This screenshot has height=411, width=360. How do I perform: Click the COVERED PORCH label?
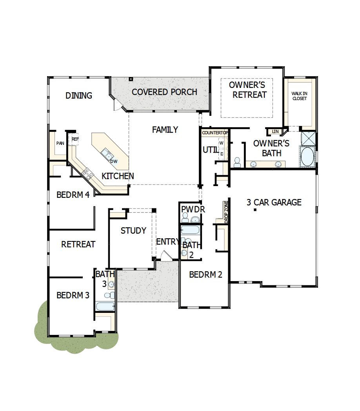tap(164, 92)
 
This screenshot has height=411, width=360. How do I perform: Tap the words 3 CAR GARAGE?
tap(274, 203)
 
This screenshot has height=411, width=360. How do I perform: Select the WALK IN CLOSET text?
tap(299, 96)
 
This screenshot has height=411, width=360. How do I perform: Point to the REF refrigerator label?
tap(75, 139)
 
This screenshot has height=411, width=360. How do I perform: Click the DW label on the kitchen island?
tap(114, 161)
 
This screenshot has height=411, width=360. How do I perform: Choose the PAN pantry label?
tap(60, 143)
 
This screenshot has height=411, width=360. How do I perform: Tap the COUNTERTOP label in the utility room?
tap(215, 133)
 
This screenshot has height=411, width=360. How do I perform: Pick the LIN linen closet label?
tap(275, 132)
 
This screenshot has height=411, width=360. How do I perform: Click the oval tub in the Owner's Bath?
tap(307, 157)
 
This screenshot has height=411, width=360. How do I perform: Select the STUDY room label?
tap(133, 231)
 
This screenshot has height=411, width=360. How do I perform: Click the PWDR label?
tap(193, 210)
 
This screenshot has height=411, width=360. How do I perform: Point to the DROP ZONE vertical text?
tap(226, 212)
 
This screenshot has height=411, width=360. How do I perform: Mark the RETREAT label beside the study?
tap(78, 244)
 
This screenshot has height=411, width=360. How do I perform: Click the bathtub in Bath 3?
tap(105, 306)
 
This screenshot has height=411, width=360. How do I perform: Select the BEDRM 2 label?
tap(205, 275)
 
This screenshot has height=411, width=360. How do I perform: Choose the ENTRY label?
tap(168, 242)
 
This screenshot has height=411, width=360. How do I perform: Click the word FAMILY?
tap(165, 130)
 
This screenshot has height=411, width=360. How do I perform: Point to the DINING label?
tap(79, 95)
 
